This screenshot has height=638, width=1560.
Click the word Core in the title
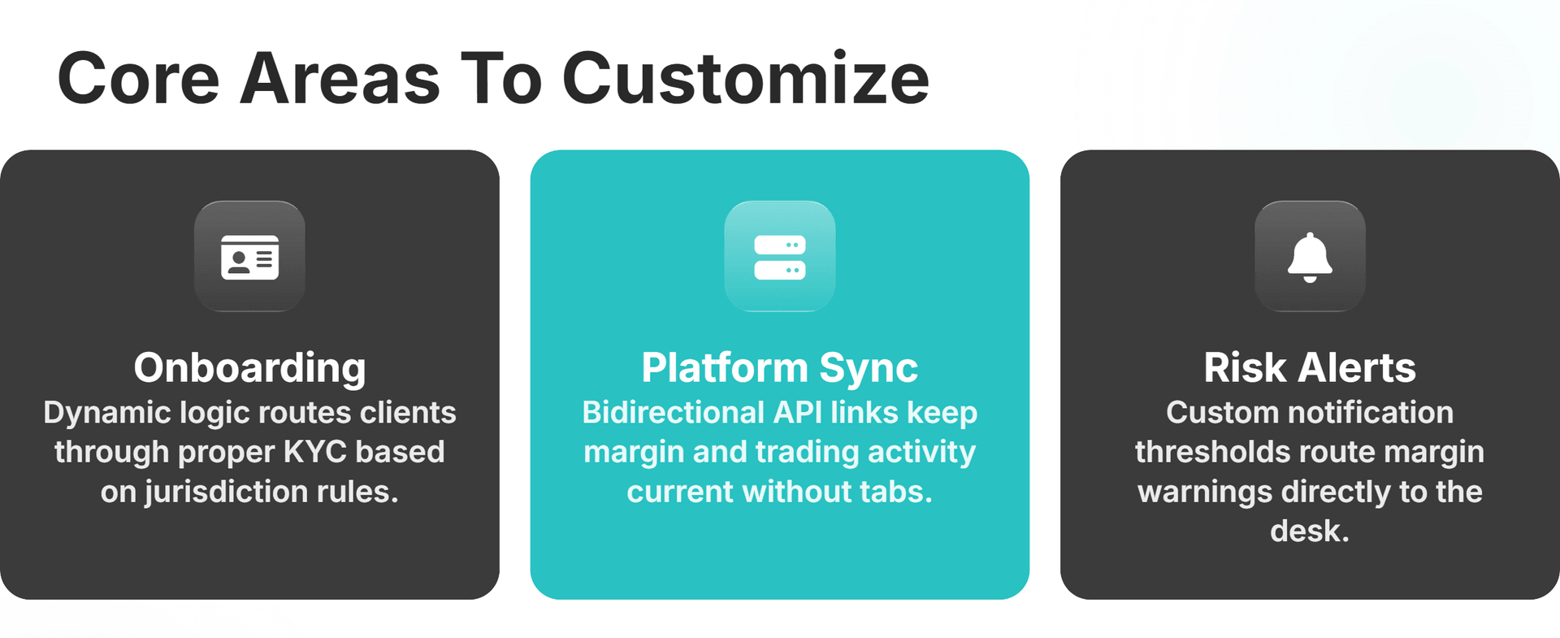click(138, 79)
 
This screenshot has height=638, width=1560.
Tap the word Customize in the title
click(745, 79)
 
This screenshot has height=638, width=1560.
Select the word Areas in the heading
click(340, 79)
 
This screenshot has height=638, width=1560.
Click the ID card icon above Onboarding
click(249, 257)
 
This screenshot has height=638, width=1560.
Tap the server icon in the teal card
click(780, 257)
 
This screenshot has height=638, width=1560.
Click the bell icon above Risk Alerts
click(1310, 257)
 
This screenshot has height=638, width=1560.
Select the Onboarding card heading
click(249, 367)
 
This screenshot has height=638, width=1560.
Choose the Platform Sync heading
click(780, 367)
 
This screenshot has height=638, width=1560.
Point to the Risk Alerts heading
click(1310, 367)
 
